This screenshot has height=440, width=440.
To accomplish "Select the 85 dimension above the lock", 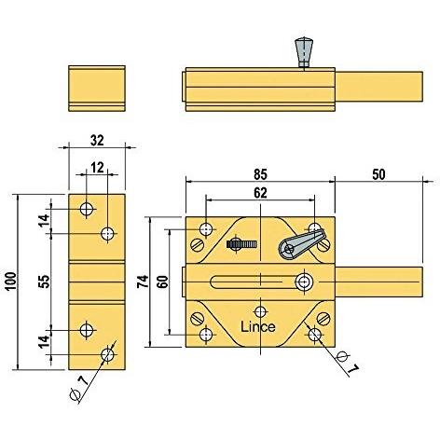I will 259,172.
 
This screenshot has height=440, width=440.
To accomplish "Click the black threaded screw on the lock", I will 241,244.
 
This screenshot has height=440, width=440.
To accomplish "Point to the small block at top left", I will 95,86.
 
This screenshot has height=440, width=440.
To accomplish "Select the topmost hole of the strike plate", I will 87,209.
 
